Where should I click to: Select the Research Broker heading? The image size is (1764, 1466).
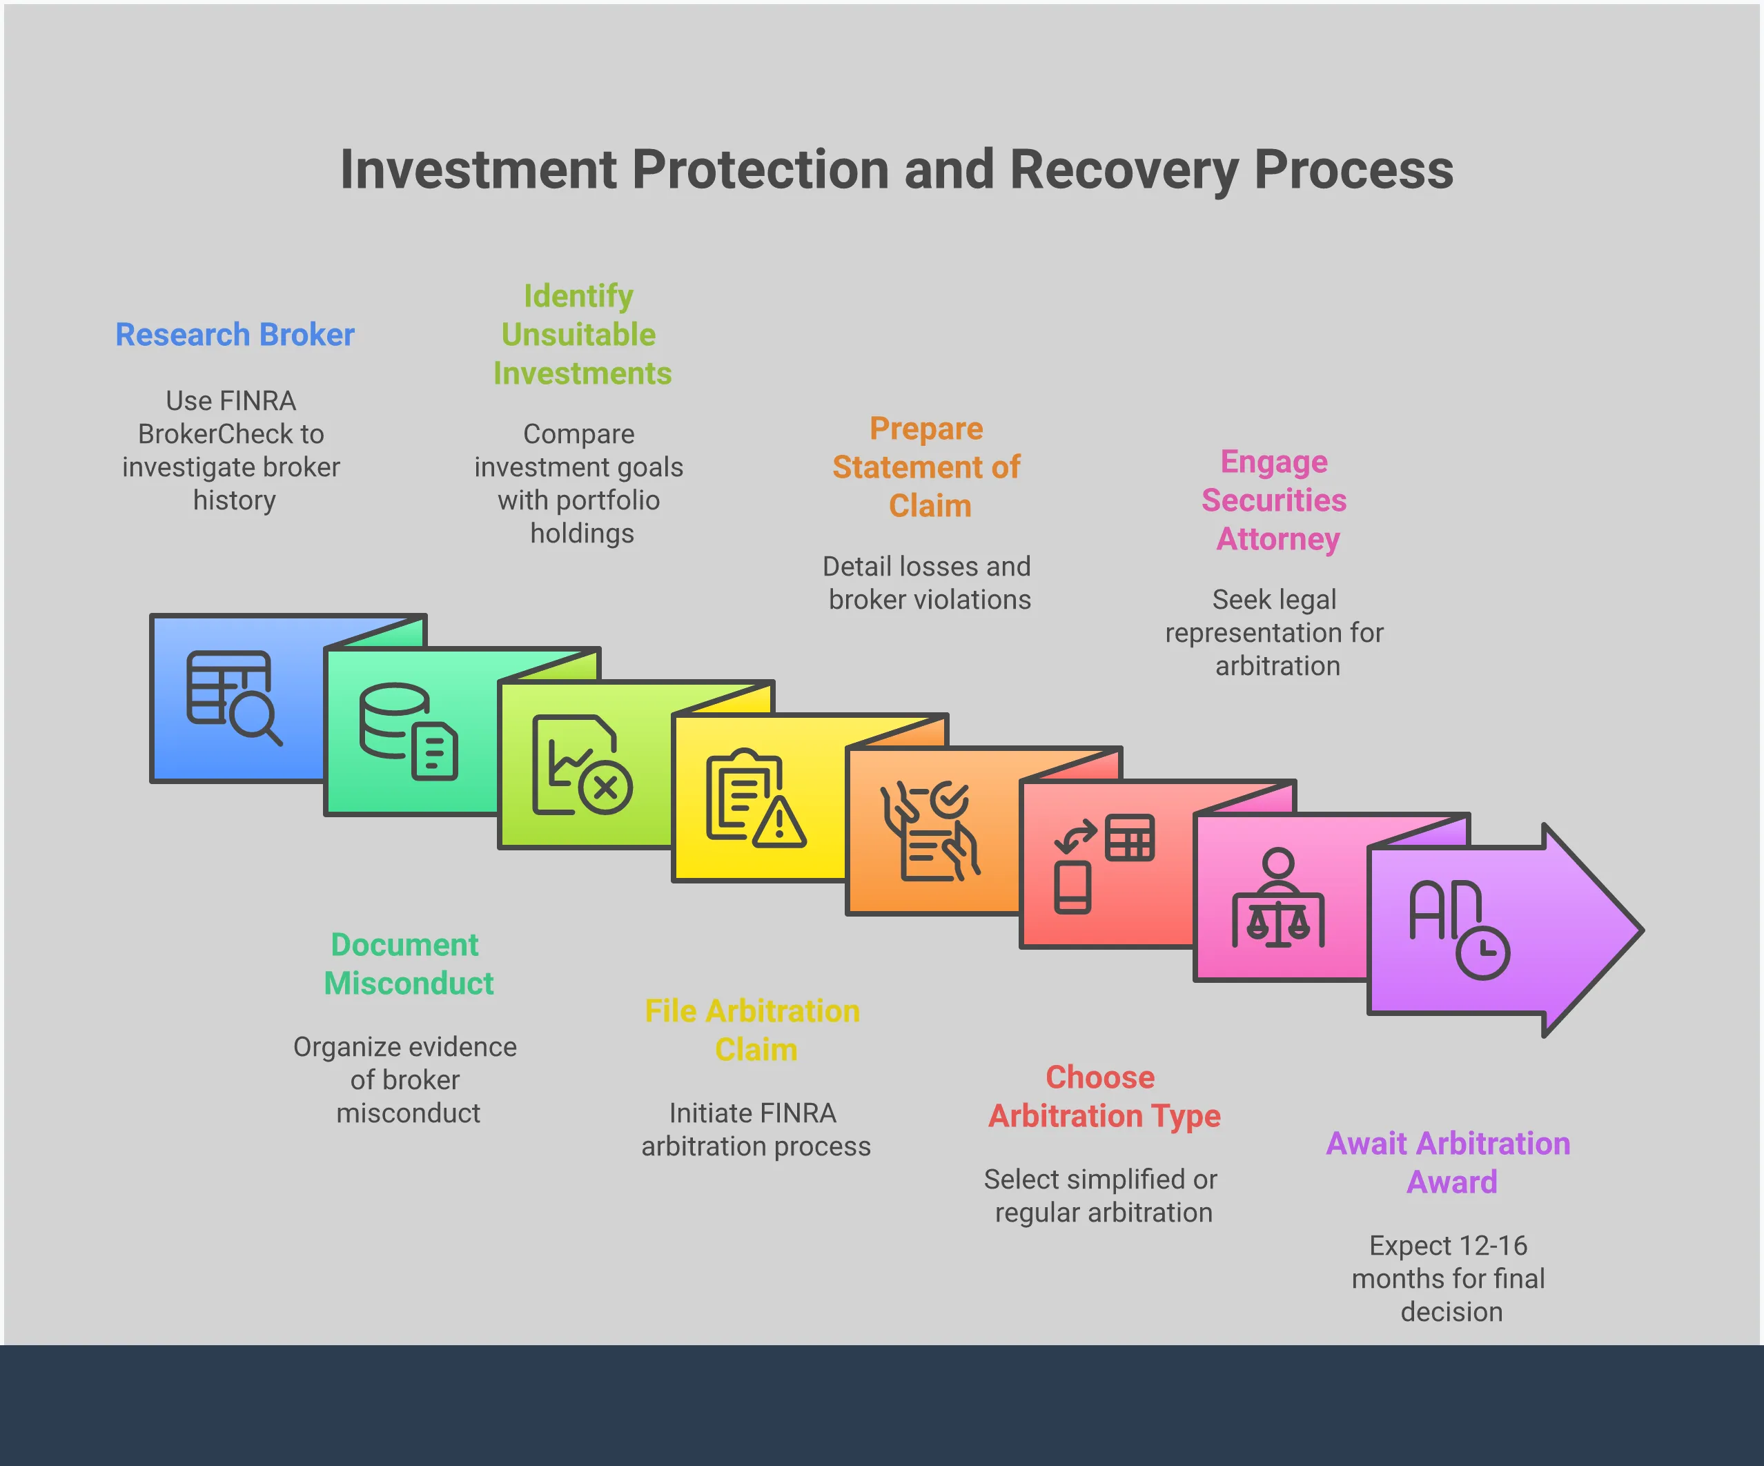coord(235,334)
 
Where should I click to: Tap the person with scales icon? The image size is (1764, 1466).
coord(1277,898)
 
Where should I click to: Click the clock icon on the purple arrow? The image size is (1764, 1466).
coord(1482,952)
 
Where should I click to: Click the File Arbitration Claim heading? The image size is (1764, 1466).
coord(753,1030)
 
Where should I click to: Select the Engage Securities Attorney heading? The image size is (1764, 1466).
coord(1274,500)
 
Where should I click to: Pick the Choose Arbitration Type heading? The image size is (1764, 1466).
coord(1103,1096)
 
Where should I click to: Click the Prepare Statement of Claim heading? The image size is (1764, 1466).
coord(927,467)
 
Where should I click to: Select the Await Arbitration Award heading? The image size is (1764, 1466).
coord(1448,1163)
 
